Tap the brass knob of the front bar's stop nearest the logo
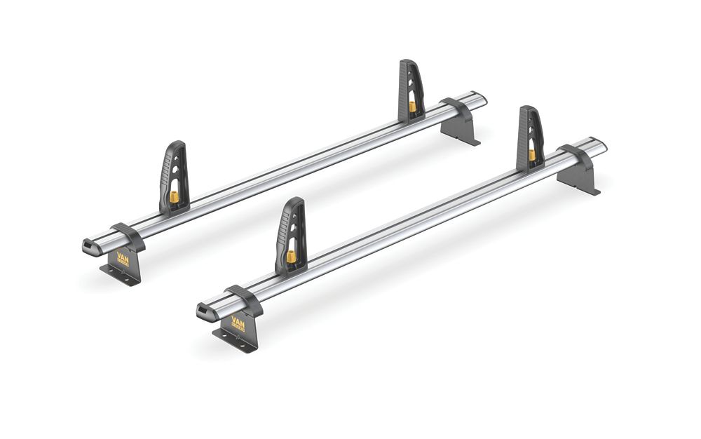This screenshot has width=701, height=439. coord(290,256)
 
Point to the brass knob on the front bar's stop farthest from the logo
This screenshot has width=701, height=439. coord(532,154)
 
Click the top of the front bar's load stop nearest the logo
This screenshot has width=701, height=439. coord(295,203)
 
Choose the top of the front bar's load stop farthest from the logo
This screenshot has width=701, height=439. coord(529,111)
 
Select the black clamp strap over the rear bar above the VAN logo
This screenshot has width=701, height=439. coord(127,234)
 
